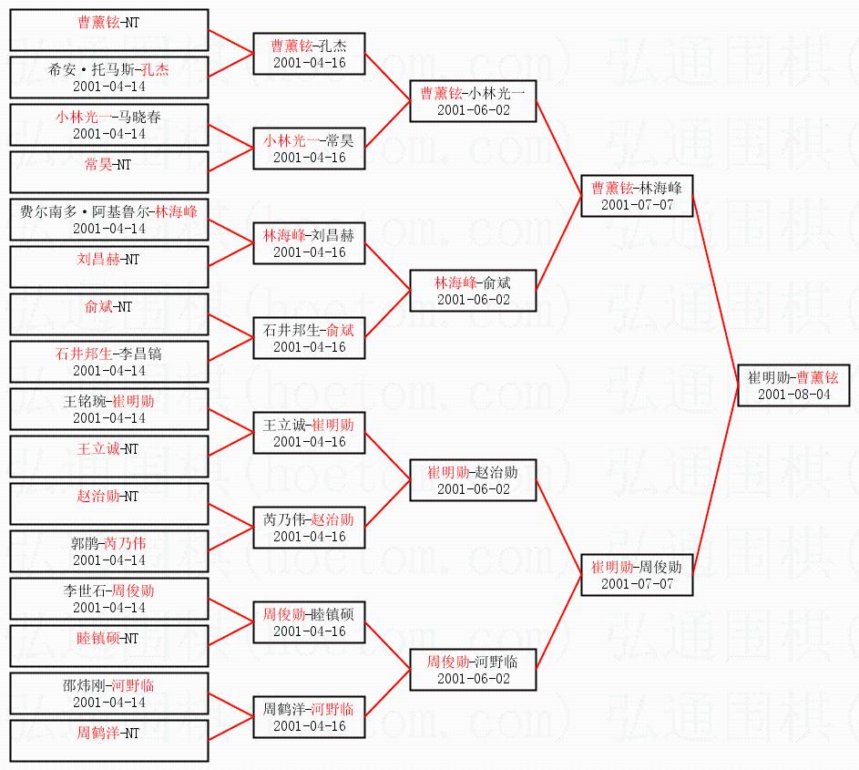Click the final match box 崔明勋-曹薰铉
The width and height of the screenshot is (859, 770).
coord(793,385)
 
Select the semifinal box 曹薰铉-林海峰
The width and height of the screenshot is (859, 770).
coord(637,196)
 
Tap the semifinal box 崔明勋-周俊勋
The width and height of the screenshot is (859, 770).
coord(637,574)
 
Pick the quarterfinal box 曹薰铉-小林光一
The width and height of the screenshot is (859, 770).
coord(473,100)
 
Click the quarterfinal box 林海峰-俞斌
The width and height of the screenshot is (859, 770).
coord(473,291)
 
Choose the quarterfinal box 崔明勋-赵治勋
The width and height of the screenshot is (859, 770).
coord(473,480)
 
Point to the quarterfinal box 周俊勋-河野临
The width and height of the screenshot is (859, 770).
coord(473,670)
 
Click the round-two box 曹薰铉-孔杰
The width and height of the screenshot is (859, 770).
coord(309,53)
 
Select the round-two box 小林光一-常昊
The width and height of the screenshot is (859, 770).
coord(309,149)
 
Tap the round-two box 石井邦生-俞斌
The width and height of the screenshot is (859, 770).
coord(309,338)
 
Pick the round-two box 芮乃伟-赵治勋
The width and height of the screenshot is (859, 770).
coord(309,528)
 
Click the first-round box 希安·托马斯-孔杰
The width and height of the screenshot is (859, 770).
coord(108,77)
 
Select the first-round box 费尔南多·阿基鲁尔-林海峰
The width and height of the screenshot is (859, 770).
coord(108,220)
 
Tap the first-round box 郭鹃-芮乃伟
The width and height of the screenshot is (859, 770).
coord(108,551)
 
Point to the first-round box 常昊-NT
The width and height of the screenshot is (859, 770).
coord(108,172)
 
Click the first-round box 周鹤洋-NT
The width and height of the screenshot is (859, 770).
coord(108,741)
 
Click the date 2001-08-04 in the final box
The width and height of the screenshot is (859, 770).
coord(793,395)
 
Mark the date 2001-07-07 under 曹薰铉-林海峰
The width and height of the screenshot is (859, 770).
coord(637,205)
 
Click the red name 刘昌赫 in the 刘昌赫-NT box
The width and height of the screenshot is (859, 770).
coord(96,260)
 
